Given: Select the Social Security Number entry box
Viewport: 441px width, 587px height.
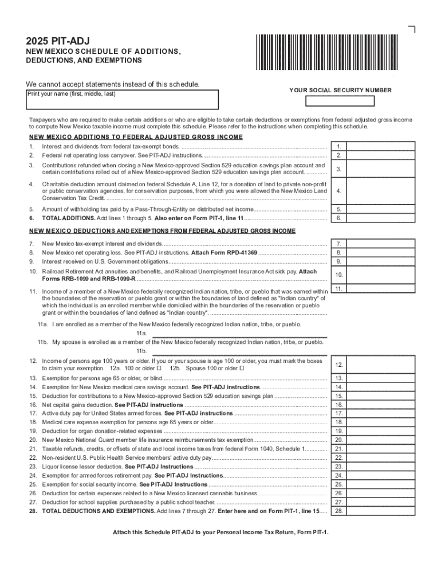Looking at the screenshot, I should point(340,101).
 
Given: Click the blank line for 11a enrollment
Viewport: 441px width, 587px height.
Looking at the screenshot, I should point(238,334).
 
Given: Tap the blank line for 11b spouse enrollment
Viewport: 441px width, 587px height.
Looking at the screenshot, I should point(238,351).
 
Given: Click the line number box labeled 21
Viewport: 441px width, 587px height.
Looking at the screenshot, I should point(339,449).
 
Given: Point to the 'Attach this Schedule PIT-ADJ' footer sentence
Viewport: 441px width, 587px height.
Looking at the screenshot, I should point(220,532).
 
